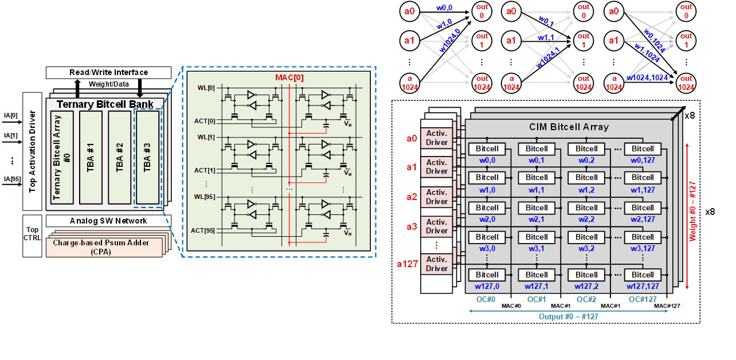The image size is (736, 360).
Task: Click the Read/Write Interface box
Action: pos(108,73)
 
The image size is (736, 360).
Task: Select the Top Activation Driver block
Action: pos(32,151)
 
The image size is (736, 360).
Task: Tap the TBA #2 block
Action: pos(120,156)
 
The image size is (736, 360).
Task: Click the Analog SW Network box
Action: pos(108,221)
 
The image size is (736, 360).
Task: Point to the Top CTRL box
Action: pos(32,233)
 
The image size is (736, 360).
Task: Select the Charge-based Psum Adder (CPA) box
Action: pos(109,246)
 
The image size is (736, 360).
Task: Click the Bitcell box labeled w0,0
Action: pos(487,148)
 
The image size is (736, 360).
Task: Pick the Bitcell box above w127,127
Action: pos(643,275)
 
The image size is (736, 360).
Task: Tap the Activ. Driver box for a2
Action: pos(437,197)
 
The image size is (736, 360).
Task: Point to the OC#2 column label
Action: pos(586,299)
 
